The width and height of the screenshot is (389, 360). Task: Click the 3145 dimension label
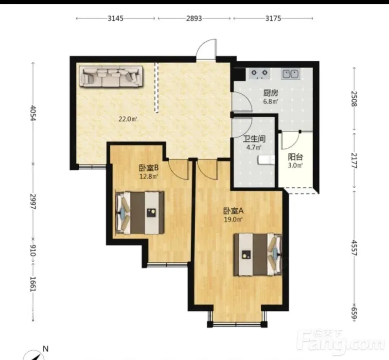click(x=115, y=18)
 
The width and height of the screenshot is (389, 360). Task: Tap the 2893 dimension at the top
click(x=194, y=18)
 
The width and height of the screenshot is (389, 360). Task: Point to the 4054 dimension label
click(x=33, y=113)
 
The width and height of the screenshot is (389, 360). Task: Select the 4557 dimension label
click(x=354, y=248)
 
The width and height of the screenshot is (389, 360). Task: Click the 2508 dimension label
click(x=354, y=99)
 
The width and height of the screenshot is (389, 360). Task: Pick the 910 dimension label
click(x=33, y=250)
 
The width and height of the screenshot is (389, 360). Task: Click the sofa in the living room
click(x=111, y=76)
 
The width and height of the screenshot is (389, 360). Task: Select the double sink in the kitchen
click(x=290, y=74)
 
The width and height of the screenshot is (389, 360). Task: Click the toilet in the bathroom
click(x=266, y=160)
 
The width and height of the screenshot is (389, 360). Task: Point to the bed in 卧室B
click(x=140, y=213)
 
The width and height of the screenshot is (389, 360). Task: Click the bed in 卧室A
click(x=258, y=254)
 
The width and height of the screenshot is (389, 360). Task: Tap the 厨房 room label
click(x=271, y=93)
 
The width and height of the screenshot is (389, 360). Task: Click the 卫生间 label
click(x=254, y=139)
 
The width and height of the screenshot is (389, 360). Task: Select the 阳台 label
click(x=295, y=157)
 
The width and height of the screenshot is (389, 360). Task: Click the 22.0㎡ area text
click(x=128, y=119)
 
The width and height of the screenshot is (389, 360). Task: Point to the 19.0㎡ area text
click(x=233, y=219)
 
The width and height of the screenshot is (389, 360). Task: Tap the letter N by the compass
click(x=45, y=349)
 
